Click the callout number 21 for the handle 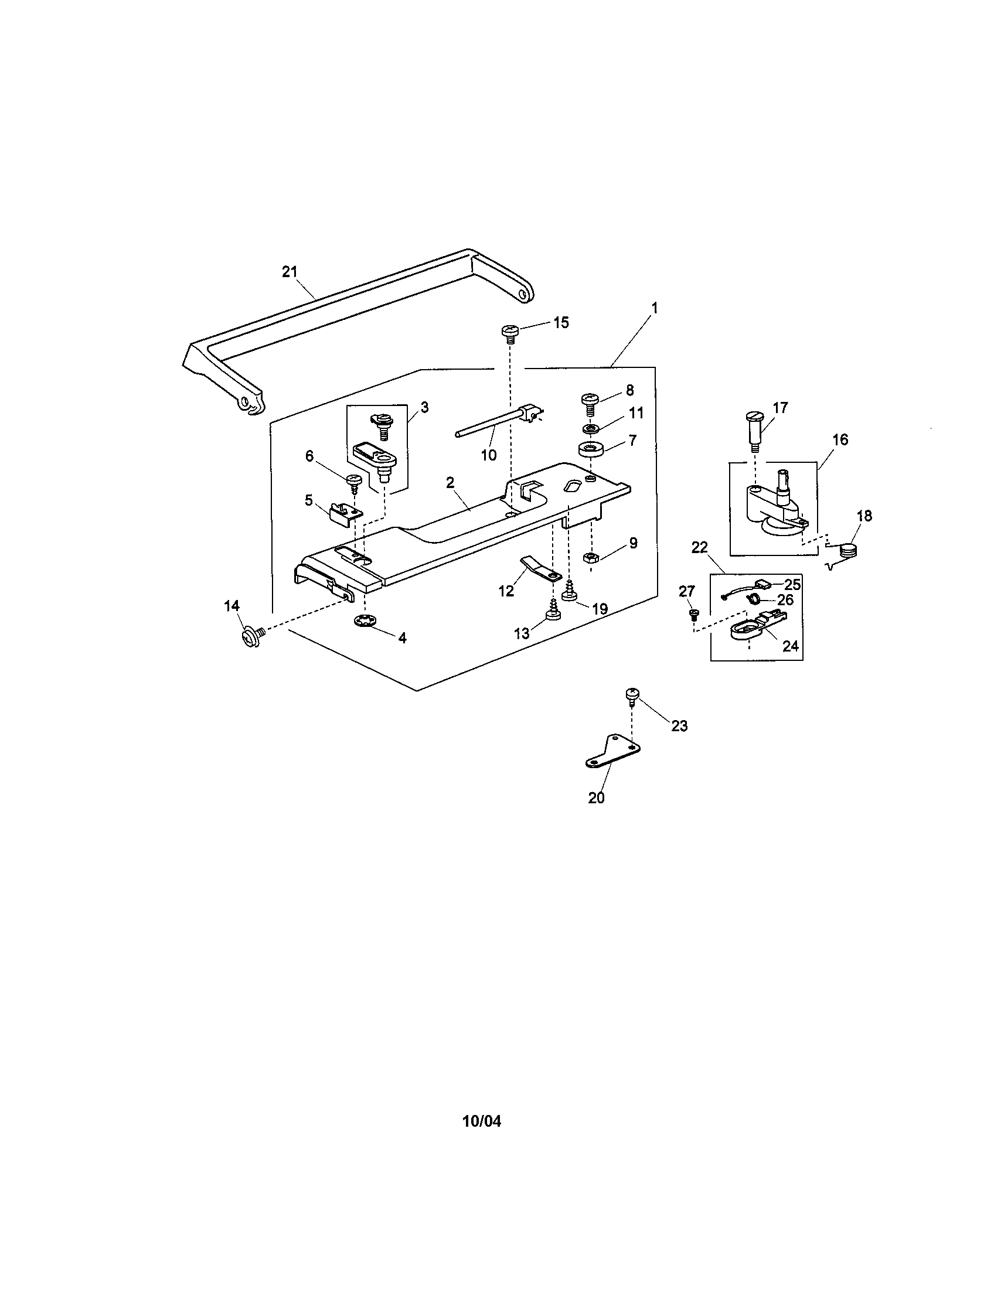[289, 272]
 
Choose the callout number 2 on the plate [450, 482]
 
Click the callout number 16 [840, 439]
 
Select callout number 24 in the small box [791, 646]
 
